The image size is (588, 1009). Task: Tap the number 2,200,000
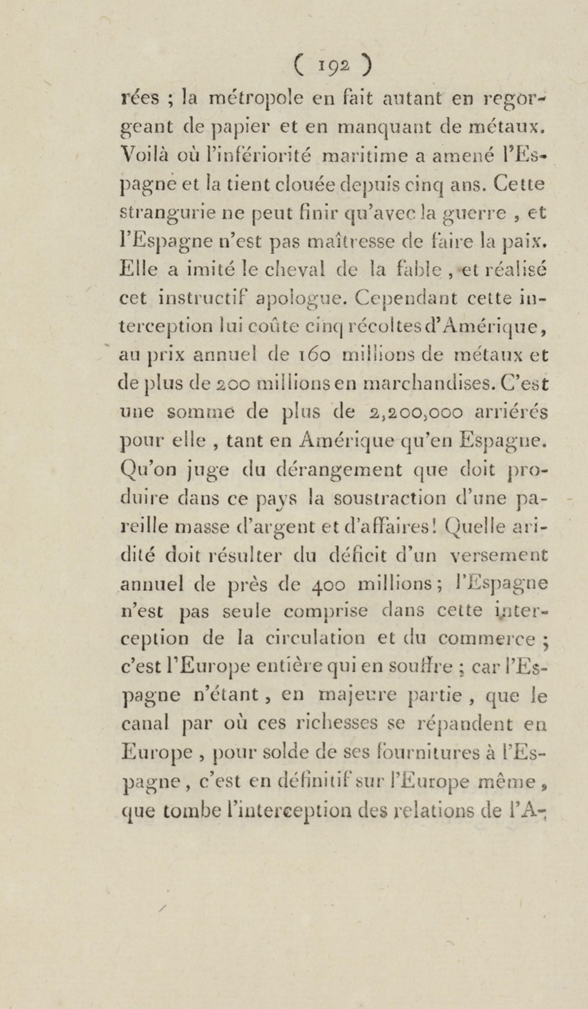click(417, 412)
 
